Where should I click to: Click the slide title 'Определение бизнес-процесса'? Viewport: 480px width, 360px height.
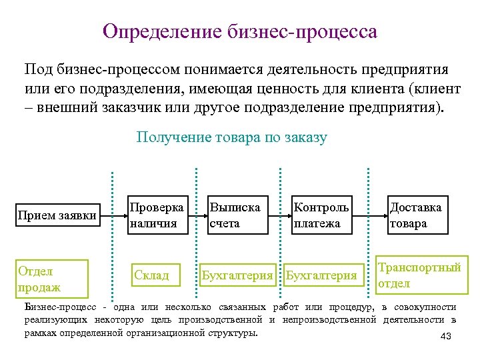click(240, 31)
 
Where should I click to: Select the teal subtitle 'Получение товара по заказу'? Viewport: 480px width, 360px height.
click(231, 137)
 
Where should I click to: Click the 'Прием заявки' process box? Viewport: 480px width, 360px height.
click(57, 215)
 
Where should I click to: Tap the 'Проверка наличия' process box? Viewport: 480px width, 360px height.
click(157, 215)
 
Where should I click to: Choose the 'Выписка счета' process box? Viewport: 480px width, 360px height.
click(239, 215)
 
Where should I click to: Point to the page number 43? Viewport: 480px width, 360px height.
click(446, 337)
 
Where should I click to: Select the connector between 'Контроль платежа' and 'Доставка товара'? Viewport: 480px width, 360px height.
click(371, 215)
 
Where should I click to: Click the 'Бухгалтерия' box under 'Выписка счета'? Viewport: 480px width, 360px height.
click(238, 275)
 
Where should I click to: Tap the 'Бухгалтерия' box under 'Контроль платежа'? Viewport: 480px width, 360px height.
click(321, 275)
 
